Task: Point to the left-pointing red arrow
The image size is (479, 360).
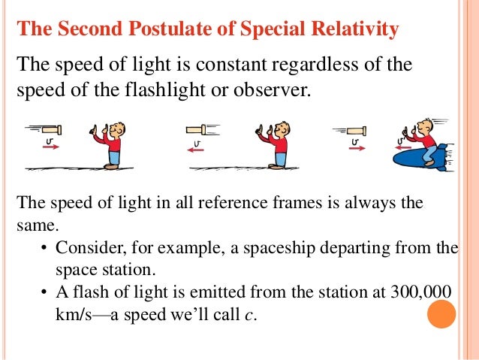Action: (197, 149)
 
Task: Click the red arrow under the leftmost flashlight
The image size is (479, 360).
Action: (50, 148)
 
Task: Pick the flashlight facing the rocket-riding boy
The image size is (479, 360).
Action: (352, 129)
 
